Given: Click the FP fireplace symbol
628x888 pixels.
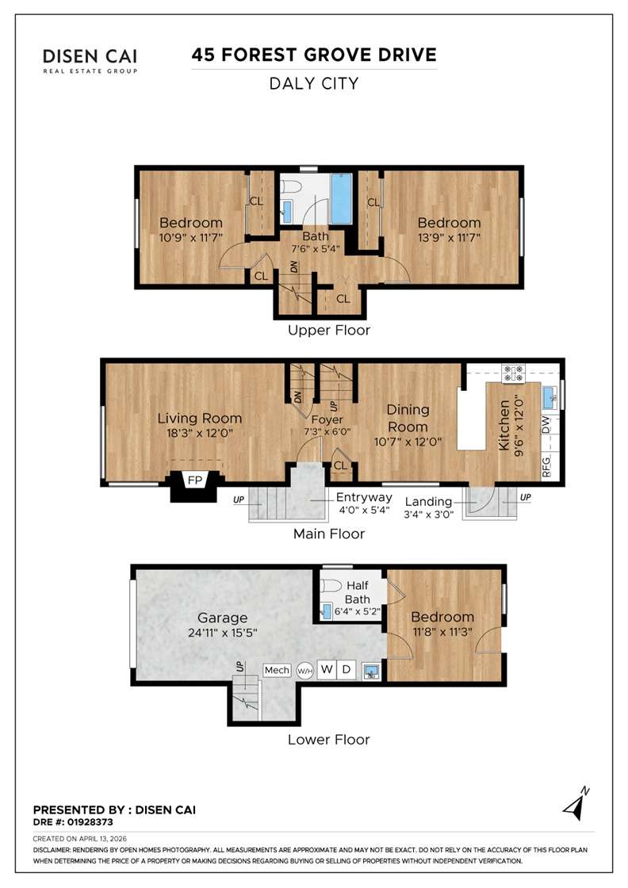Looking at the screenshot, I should (x=193, y=480).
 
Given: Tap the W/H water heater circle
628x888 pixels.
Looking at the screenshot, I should (x=304, y=671).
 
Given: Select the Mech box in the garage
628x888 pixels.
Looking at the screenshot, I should (x=277, y=670).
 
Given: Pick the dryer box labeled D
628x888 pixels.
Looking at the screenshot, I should (x=347, y=670).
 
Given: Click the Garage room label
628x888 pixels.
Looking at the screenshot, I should (x=223, y=618).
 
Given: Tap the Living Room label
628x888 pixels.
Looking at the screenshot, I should (x=199, y=419).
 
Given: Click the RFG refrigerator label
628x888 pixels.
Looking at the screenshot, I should (x=546, y=464).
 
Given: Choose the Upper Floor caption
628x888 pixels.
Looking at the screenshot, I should (x=329, y=330).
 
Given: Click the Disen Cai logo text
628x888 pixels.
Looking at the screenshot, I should (x=90, y=57).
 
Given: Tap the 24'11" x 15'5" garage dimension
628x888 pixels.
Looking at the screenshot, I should (x=223, y=633).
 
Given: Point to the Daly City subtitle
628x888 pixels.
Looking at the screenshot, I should (x=314, y=83).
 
